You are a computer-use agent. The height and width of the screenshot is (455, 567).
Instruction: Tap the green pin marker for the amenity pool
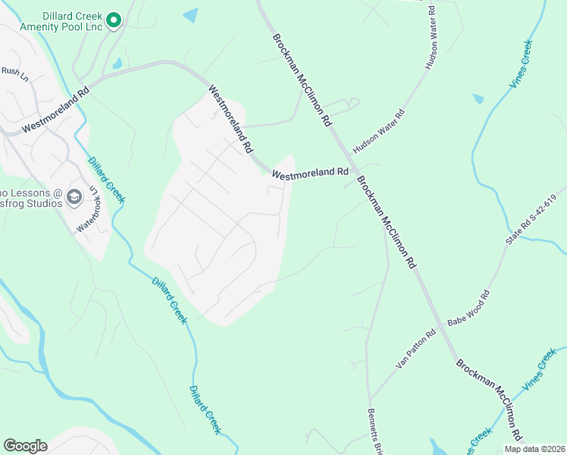pos(114,20)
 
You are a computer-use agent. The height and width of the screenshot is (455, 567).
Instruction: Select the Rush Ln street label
pos(14,72)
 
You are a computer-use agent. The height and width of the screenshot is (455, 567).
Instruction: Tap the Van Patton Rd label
pos(415,349)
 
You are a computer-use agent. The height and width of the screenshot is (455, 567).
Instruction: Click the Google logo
pos(25,446)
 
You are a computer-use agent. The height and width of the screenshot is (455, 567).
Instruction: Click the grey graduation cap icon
pos(74,197)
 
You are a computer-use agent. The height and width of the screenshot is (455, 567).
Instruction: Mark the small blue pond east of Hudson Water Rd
pos(478,99)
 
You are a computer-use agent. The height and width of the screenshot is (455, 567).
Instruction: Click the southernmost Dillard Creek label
pos(205,409)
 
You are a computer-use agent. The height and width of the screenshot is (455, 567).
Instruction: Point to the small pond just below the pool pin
pos(117,64)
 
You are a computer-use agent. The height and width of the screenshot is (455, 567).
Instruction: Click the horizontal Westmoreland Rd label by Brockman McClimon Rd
pos(309,174)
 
